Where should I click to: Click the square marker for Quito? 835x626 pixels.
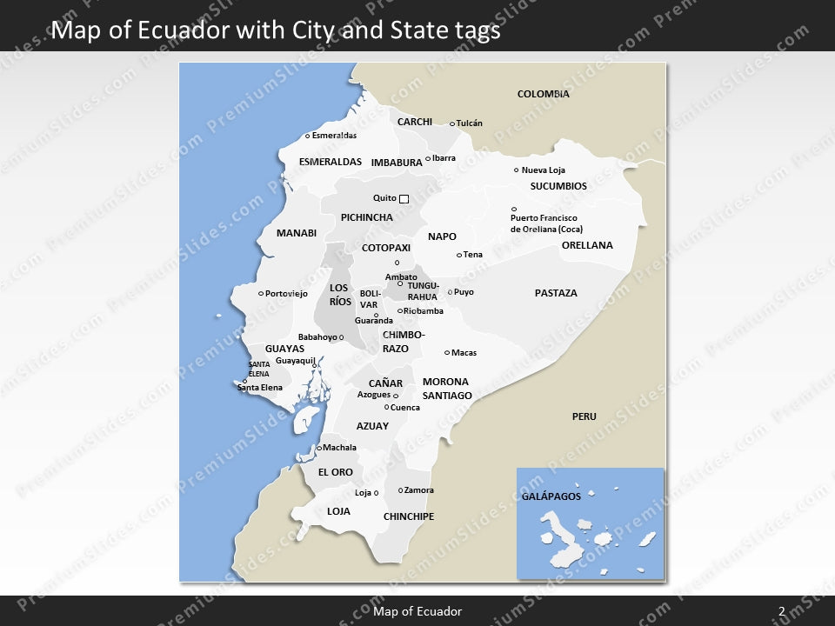pyautogui.click(x=404, y=199)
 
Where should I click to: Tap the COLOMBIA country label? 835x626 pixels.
pyautogui.click(x=543, y=94)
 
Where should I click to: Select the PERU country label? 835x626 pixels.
pyautogui.click(x=584, y=416)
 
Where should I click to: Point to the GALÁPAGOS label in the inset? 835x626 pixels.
pyautogui.click(x=551, y=496)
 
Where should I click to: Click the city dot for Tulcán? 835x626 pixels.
pyautogui.click(x=452, y=123)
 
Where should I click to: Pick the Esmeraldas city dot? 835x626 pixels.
pyautogui.click(x=308, y=136)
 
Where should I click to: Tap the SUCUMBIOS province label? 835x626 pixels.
pyautogui.click(x=558, y=186)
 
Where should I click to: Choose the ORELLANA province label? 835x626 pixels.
pyautogui.click(x=587, y=245)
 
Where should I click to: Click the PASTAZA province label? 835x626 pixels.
pyautogui.click(x=556, y=293)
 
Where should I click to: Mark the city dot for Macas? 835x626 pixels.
pyautogui.click(x=447, y=353)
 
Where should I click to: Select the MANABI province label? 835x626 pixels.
pyautogui.click(x=297, y=233)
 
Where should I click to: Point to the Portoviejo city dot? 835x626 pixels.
pyautogui.click(x=261, y=294)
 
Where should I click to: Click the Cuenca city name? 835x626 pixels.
pyautogui.click(x=405, y=408)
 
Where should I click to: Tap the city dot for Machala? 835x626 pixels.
pyautogui.click(x=319, y=448)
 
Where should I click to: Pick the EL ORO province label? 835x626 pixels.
pyautogui.click(x=335, y=472)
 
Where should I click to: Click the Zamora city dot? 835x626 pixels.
pyautogui.click(x=400, y=490)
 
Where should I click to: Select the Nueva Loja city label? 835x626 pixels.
pyautogui.click(x=544, y=170)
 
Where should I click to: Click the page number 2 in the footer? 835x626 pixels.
pyautogui.click(x=781, y=611)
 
